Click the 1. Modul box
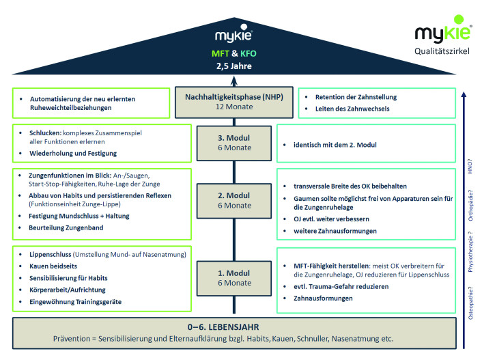pyautogui.click(x=234, y=279)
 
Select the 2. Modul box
pyautogui.click(x=234, y=201)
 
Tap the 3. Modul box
pyautogui.click(x=234, y=143)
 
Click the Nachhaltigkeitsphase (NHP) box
pyautogui.click(x=234, y=102)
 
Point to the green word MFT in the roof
pyautogui.click(x=220, y=53)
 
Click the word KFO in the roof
pyautogui.click(x=249, y=53)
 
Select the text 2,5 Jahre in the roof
pyautogui.click(x=234, y=66)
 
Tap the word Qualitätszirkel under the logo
pyautogui.click(x=442, y=51)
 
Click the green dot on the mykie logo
pyautogui.click(x=459, y=19)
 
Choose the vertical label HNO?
pyautogui.click(x=470, y=166)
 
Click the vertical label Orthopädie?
pyautogui.click(x=470, y=205)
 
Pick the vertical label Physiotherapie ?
pyautogui.click(x=470, y=251)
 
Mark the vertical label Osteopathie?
pyautogui.click(x=470, y=303)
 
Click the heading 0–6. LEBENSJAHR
pyautogui.click(x=223, y=327)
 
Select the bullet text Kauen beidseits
pyautogui.click(x=53, y=266)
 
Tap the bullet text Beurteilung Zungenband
pyautogui.click(x=66, y=227)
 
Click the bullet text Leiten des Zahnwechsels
pyautogui.click(x=352, y=109)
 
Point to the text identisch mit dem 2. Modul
pyautogui.click(x=335, y=145)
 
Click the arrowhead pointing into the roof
pyautogui.click(x=234, y=81)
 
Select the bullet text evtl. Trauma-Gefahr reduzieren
pyautogui.click(x=341, y=287)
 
